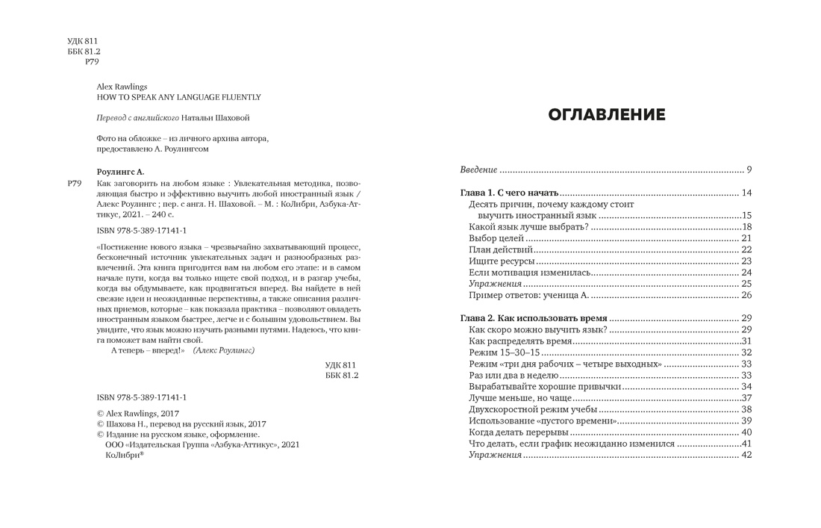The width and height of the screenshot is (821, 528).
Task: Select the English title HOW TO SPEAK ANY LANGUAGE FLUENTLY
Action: pos(179,97)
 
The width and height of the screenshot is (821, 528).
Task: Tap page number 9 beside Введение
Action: pos(748,170)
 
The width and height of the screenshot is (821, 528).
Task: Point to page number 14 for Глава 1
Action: pos(746,193)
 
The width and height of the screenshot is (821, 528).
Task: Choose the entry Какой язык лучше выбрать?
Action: pos(529,227)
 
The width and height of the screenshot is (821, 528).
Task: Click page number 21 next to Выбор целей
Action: pos(746,238)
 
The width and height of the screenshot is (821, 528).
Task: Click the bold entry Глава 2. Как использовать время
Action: pos(533,318)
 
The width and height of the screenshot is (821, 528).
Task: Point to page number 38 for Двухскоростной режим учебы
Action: pos(746,409)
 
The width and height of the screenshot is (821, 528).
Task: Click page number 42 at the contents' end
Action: pos(746,455)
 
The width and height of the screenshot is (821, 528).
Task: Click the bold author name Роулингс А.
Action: pos(120,172)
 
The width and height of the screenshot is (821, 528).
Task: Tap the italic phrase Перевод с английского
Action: pos(138,118)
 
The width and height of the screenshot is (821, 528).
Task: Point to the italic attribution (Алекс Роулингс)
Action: pos(224,350)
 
